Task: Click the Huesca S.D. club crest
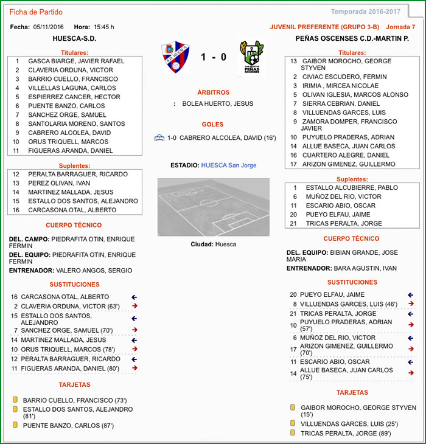176,57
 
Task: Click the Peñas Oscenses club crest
251,57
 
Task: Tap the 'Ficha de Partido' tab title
36,12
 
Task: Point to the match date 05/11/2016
49,27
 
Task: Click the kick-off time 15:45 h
103,27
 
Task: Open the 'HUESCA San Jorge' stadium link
228,165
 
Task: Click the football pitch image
213,207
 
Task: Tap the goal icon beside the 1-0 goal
159,138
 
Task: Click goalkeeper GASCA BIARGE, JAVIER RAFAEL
76,61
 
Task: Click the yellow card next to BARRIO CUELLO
15,400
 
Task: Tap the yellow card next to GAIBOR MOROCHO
293,408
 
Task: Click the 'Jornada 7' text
400,27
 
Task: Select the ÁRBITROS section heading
213,92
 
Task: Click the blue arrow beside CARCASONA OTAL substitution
134,297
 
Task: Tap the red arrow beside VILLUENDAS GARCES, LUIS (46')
411,304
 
